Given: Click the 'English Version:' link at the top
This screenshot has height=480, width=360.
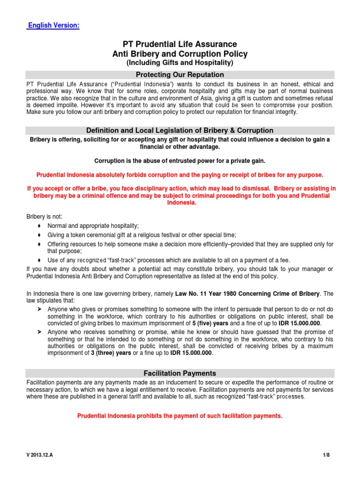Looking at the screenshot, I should click(53, 25).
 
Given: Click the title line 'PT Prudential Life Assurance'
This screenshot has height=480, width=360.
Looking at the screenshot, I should click(180, 45).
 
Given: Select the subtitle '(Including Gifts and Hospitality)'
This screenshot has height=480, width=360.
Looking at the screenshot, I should click(180, 63).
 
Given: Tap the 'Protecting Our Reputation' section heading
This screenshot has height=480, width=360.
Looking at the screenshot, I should click(180, 75).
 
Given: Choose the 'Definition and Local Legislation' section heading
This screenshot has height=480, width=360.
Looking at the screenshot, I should click(180, 131).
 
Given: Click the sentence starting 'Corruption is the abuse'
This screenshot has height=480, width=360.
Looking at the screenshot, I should click(180, 161).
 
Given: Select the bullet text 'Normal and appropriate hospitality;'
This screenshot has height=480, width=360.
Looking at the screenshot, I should click(93, 225).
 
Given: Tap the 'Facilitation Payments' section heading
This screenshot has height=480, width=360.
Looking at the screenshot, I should click(180, 374).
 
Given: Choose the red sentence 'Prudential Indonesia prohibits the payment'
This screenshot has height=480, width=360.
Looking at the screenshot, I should click(180, 415).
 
